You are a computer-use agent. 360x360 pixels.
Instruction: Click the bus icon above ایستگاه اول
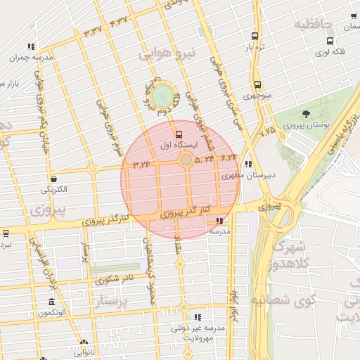178,134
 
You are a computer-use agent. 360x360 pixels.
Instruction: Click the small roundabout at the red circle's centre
186,161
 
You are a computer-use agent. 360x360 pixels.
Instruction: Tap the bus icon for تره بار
255,36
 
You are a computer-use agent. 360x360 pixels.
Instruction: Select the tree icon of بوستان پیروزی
305,114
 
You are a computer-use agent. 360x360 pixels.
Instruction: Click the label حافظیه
311,25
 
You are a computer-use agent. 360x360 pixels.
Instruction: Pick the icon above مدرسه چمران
31,46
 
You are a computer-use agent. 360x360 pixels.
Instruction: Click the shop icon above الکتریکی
54,179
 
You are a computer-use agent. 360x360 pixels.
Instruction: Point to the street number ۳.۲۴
141,165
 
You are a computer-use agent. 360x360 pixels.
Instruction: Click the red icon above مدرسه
220,221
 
